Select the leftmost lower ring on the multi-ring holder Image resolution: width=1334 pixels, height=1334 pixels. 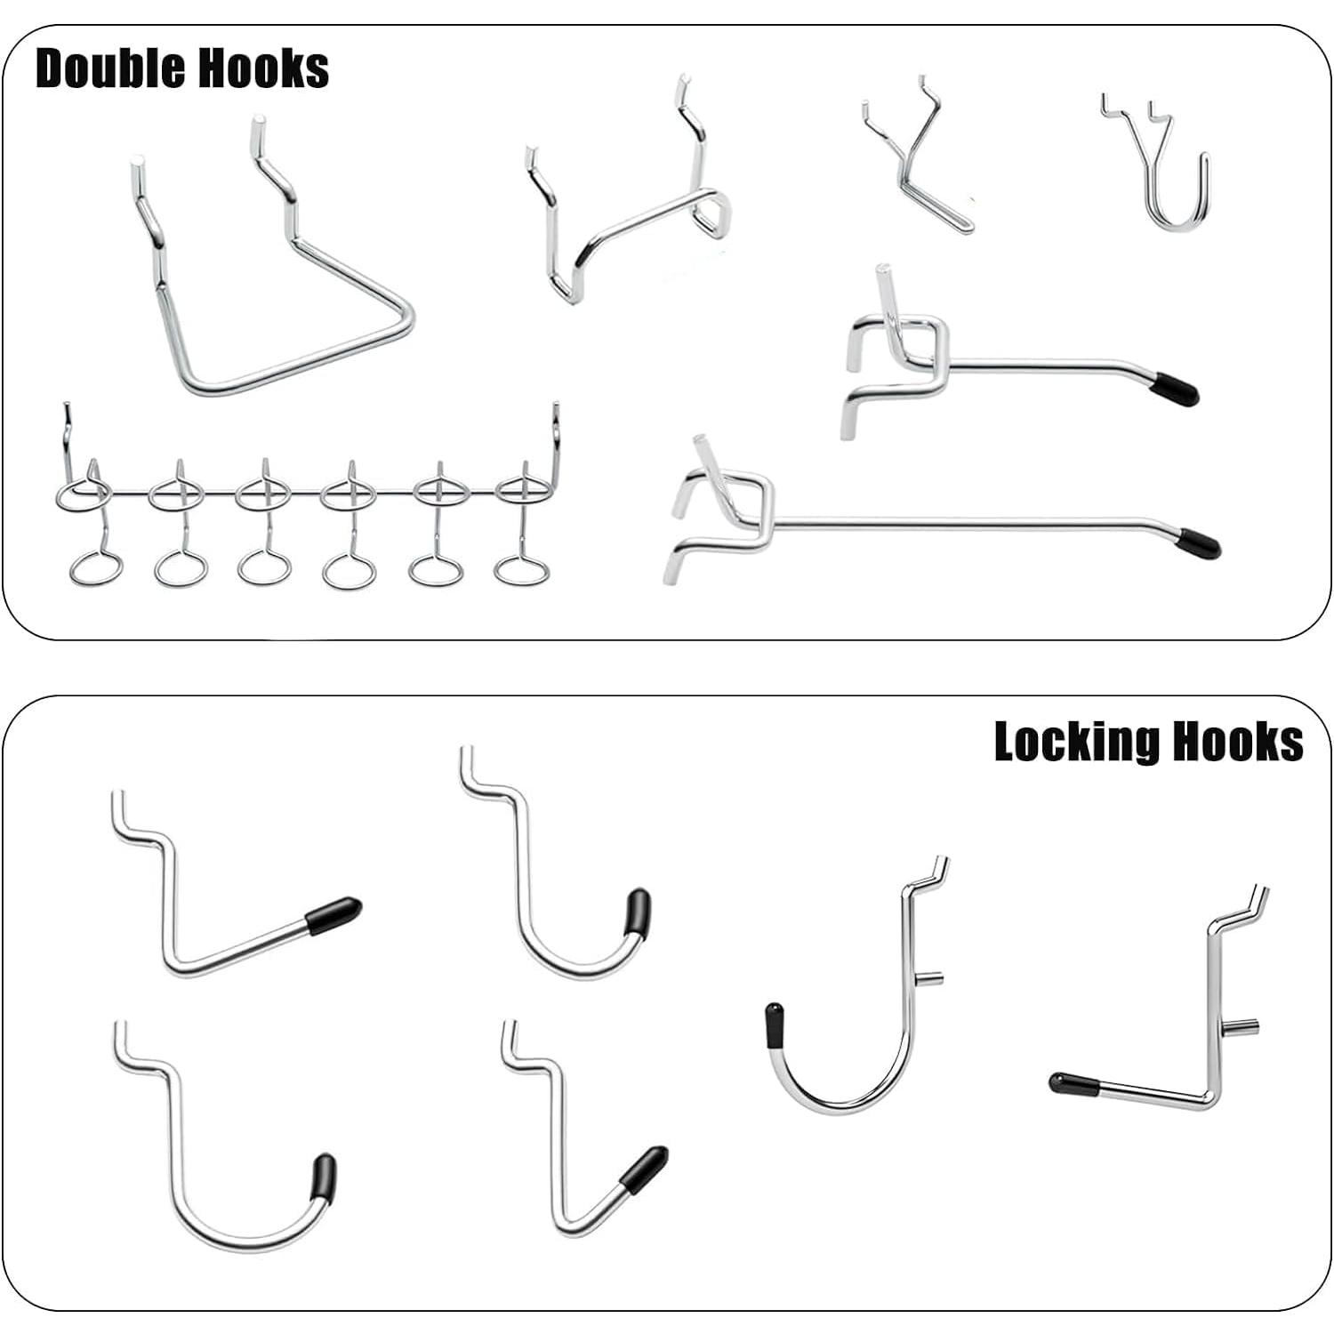click(x=95, y=568)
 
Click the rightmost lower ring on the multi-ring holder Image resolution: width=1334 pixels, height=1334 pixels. click(x=521, y=569)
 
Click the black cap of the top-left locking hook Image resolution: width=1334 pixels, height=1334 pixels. click(x=334, y=914)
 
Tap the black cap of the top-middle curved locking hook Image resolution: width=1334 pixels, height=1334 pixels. click(x=637, y=911)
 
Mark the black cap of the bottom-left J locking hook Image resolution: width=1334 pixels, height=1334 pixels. click(x=324, y=1177)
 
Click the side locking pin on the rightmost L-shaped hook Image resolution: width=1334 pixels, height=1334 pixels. click(x=1245, y=1026)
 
